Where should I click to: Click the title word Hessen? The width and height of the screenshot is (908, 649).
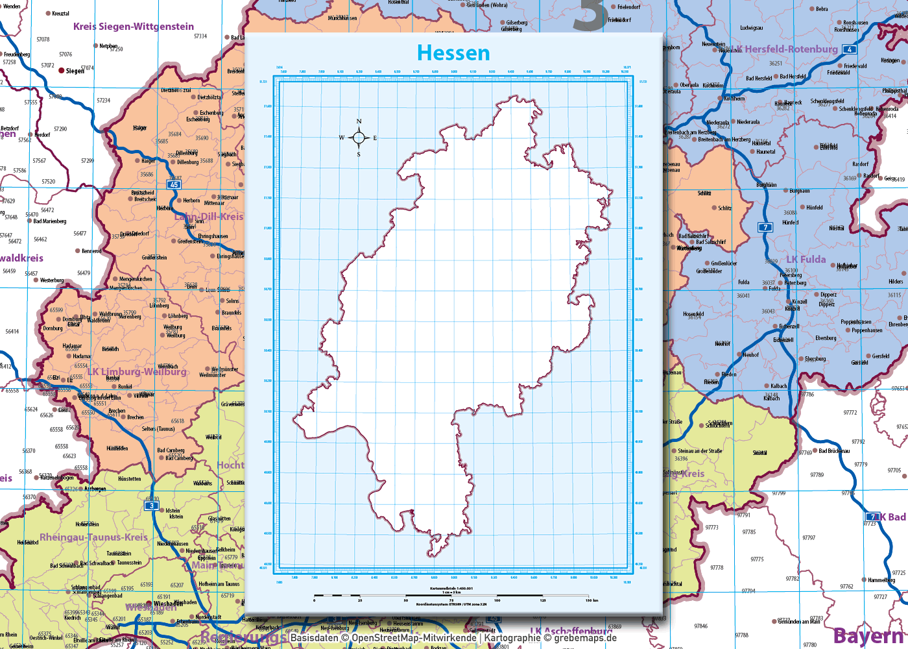click(x=453, y=53)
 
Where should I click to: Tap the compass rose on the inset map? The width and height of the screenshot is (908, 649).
click(x=359, y=138)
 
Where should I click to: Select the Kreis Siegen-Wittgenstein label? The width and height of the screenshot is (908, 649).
click(x=134, y=27)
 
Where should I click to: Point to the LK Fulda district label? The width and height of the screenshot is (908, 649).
click(x=806, y=260)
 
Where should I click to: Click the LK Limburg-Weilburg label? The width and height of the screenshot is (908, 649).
click(x=137, y=372)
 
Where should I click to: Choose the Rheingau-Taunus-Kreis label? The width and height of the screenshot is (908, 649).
click(x=94, y=537)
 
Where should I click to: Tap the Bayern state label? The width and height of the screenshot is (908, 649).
click(x=869, y=636)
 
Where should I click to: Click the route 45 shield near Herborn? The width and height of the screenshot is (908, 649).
click(x=174, y=185)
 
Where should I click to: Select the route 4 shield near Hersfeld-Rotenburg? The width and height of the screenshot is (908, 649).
click(x=849, y=49)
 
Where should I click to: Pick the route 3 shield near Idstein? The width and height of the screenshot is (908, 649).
click(x=152, y=506)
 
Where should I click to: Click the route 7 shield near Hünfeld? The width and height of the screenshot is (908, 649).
click(x=766, y=227)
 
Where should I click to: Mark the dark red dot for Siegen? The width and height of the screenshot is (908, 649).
click(x=62, y=70)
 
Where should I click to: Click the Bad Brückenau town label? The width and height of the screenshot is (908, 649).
click(x=834, y=451)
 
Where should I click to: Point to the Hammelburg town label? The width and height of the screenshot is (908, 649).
click(x=881, y=580)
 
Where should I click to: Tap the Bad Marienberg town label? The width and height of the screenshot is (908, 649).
click(x=50, y=221)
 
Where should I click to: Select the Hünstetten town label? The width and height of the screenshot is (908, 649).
click(x=130, y=479)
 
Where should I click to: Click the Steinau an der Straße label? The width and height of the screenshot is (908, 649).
click(x=700, y=451)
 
